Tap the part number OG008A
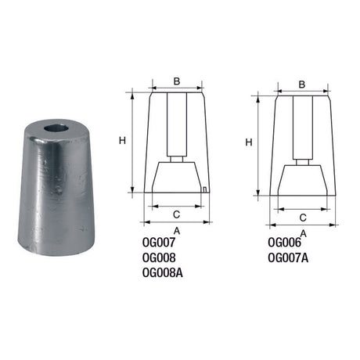(x=164, y=272)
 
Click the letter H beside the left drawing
(x=122, y=140)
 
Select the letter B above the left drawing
(x=177, y=81)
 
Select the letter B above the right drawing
(x=302, y=84)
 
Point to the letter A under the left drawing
(x=177, y=230)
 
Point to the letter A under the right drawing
(x=303, y=232)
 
